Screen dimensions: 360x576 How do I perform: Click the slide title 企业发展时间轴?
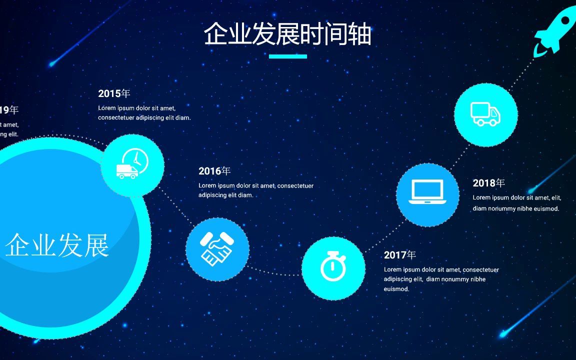pyautogui.click(x=287, y=34)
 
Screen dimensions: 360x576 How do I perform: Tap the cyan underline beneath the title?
pyautogui.click(x=287, y=56)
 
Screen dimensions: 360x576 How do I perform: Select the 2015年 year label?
pyautogui.click(x=114, y=93)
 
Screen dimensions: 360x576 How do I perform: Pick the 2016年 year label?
pyautogui.click(x=214, y=171)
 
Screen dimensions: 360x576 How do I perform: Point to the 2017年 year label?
pyautogui.click(x=400, y=255)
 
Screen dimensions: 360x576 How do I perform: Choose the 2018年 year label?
pyautogui.click(x=489, y=183)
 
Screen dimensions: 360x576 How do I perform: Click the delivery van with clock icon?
pyautogui.click(x=132, y=164)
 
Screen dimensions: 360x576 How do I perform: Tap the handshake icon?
pyautogui.click(x=217, y=248)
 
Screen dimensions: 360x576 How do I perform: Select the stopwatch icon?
pyautogui.click(x=333, y=267)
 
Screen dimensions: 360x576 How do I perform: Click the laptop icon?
pyautogui.click(x=427, y=192)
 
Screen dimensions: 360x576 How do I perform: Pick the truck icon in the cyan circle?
pyautogui.click(x=485, y=114)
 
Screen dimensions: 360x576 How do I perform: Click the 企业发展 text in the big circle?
pyautogui.click(x=57, y=245)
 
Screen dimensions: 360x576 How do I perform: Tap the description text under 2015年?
pyautogui.click(x=144, y=113)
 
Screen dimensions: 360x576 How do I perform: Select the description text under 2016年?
pyautogui.click(x=255, y=190)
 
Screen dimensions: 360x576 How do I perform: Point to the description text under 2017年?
pyautogui.click(x=441, y=279)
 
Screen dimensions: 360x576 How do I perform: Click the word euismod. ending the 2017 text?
pyautogui.click(x=396, y=289)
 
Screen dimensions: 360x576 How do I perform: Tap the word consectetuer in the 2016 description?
pyautogui.click(x=295, y=186)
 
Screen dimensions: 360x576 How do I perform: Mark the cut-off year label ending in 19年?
pyautogui.click(x=9, y=110)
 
